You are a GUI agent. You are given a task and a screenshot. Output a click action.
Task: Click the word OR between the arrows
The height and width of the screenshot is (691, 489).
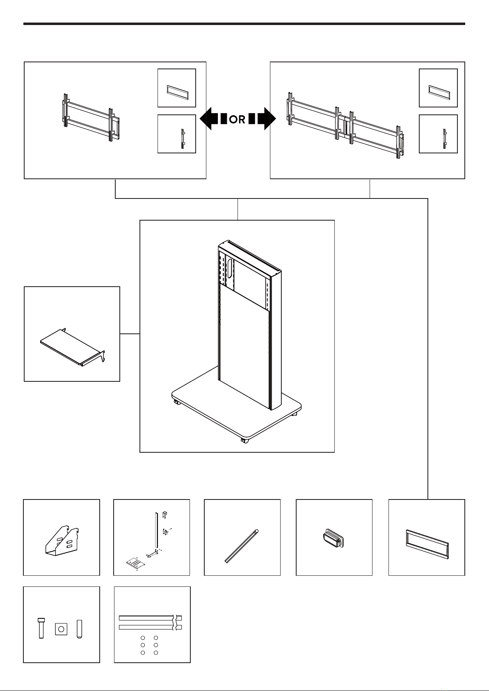237,119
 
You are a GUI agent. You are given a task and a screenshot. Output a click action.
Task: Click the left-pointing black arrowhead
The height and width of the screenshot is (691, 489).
206,119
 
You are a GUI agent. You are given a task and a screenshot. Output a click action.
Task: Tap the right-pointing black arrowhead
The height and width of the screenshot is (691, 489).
270,119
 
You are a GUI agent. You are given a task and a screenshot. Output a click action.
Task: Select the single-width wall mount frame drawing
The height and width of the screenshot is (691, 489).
91,117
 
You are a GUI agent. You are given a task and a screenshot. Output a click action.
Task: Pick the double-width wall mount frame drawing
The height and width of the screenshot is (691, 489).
345,125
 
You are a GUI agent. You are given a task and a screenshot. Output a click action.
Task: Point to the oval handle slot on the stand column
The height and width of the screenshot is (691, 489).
230,268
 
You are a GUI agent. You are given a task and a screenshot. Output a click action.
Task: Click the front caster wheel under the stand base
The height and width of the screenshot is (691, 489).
244,441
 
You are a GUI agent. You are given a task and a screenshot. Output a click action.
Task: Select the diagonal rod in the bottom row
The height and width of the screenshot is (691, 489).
242,546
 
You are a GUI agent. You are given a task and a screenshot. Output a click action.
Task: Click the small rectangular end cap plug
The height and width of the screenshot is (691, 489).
333,538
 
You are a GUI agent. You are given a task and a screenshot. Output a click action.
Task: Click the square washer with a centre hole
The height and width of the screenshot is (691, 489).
61,629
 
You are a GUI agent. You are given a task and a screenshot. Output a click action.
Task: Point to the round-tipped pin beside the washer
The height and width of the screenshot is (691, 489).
79,629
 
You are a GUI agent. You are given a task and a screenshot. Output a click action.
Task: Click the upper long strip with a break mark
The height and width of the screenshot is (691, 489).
150,618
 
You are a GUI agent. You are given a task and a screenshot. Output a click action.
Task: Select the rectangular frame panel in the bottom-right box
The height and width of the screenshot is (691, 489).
427,544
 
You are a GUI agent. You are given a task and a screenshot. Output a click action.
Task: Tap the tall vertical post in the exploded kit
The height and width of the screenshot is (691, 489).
156,531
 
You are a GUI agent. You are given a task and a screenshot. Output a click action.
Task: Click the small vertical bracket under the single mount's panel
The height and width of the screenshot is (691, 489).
183,139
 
